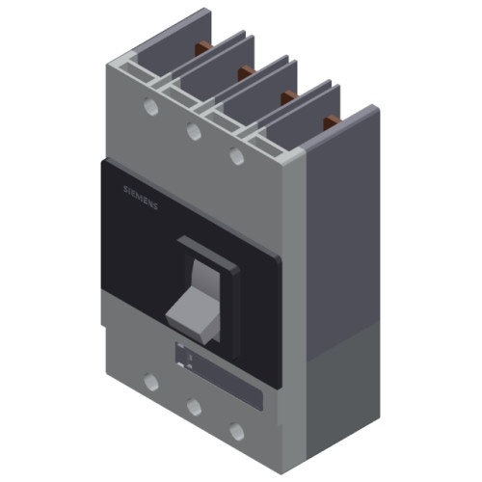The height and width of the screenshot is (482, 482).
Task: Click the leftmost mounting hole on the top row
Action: (149, 105)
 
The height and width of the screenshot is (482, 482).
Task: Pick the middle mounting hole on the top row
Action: (193, 129)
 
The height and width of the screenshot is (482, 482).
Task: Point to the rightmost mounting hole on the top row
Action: (236, 153)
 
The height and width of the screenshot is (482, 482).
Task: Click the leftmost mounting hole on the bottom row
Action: (149, 383)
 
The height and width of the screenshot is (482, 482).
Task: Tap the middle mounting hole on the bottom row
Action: (193, 407)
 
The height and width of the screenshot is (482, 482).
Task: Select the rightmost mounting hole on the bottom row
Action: (236, 431)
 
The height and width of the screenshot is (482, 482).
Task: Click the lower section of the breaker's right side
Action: (342, 386)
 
